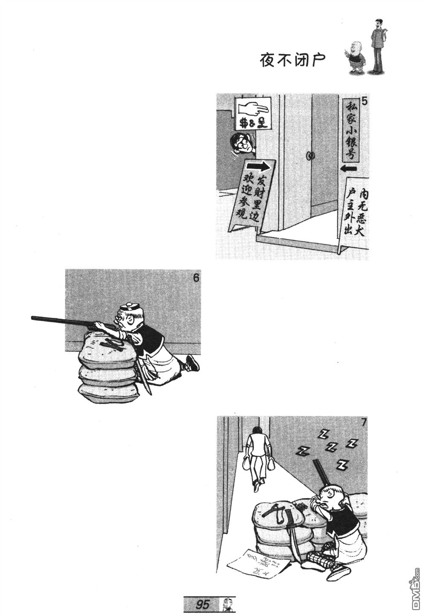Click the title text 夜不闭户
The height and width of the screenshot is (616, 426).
(293, 61)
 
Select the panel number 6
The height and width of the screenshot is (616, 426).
(196, 278)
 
